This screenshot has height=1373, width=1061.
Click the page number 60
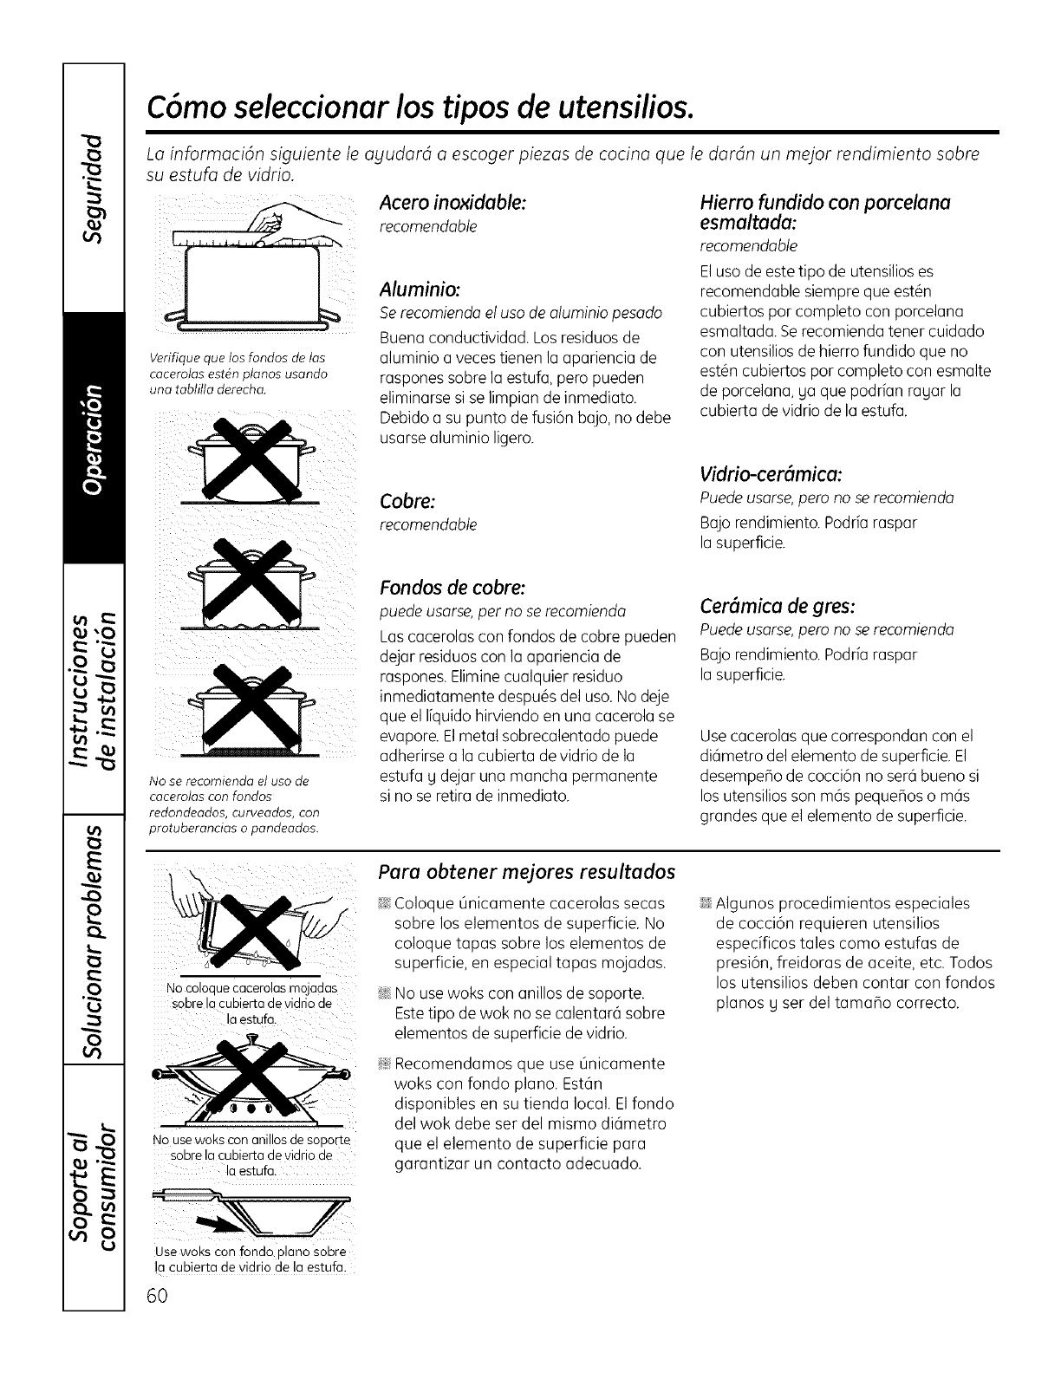point(164,1295)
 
